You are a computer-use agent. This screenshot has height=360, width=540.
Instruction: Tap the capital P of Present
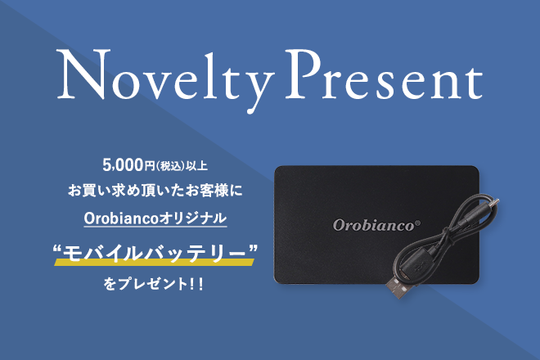(303, 74)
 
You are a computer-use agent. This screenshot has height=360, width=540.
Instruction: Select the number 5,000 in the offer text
(123, 165)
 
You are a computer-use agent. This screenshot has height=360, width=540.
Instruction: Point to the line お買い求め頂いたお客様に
(155, 191)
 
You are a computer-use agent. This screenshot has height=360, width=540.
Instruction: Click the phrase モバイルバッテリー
(155, 254)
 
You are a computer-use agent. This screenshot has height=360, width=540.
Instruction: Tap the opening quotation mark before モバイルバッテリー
(57, 249)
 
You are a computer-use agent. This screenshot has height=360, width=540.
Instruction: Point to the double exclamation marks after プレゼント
(196, 285)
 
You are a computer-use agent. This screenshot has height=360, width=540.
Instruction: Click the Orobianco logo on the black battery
(374, 225)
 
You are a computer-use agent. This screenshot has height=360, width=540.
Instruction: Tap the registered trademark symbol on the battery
(418, 223)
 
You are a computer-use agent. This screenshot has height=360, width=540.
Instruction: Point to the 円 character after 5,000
(150, 166)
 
